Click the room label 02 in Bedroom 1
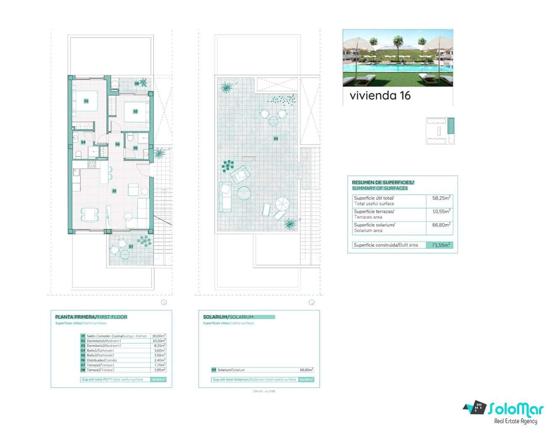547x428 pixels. pyautogui.click(x=86, y=101)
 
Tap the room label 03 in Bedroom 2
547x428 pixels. pyautogui.click(x=135, y=111)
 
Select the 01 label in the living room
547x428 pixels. pyautogui.click(x=114, y=191)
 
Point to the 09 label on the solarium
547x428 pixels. pyautogui.click(x=276, y=138)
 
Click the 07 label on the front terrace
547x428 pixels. pyautogui.click(x=131, y=246)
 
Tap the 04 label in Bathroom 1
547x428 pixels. pyautogui.click(x=83, y=142)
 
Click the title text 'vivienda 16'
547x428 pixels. pyautogui.click(x=380, y=95)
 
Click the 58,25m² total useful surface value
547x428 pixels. pyautogui.click(x=441, y=198)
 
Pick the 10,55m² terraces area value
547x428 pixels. pyautogui.click(x=441, y=211)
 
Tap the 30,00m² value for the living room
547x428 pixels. pyautogui.click(x=158, y=336)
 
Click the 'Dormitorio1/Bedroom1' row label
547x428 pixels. pyautogui.click(x=104, y=341)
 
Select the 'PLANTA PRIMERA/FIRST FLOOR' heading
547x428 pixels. pyautogui.click(x=91, y=317)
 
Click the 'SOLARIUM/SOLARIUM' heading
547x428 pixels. pyautogui.click(x=228, y=317)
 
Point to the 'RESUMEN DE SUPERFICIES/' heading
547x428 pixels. pyautogui.click(x=383, y=182)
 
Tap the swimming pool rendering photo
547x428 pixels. pyautogui.click(x=398, y=58)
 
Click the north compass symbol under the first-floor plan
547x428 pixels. pyautogui.click(x=164, y=302)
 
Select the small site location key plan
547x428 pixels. pyautogui.click(x=440, y=131)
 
